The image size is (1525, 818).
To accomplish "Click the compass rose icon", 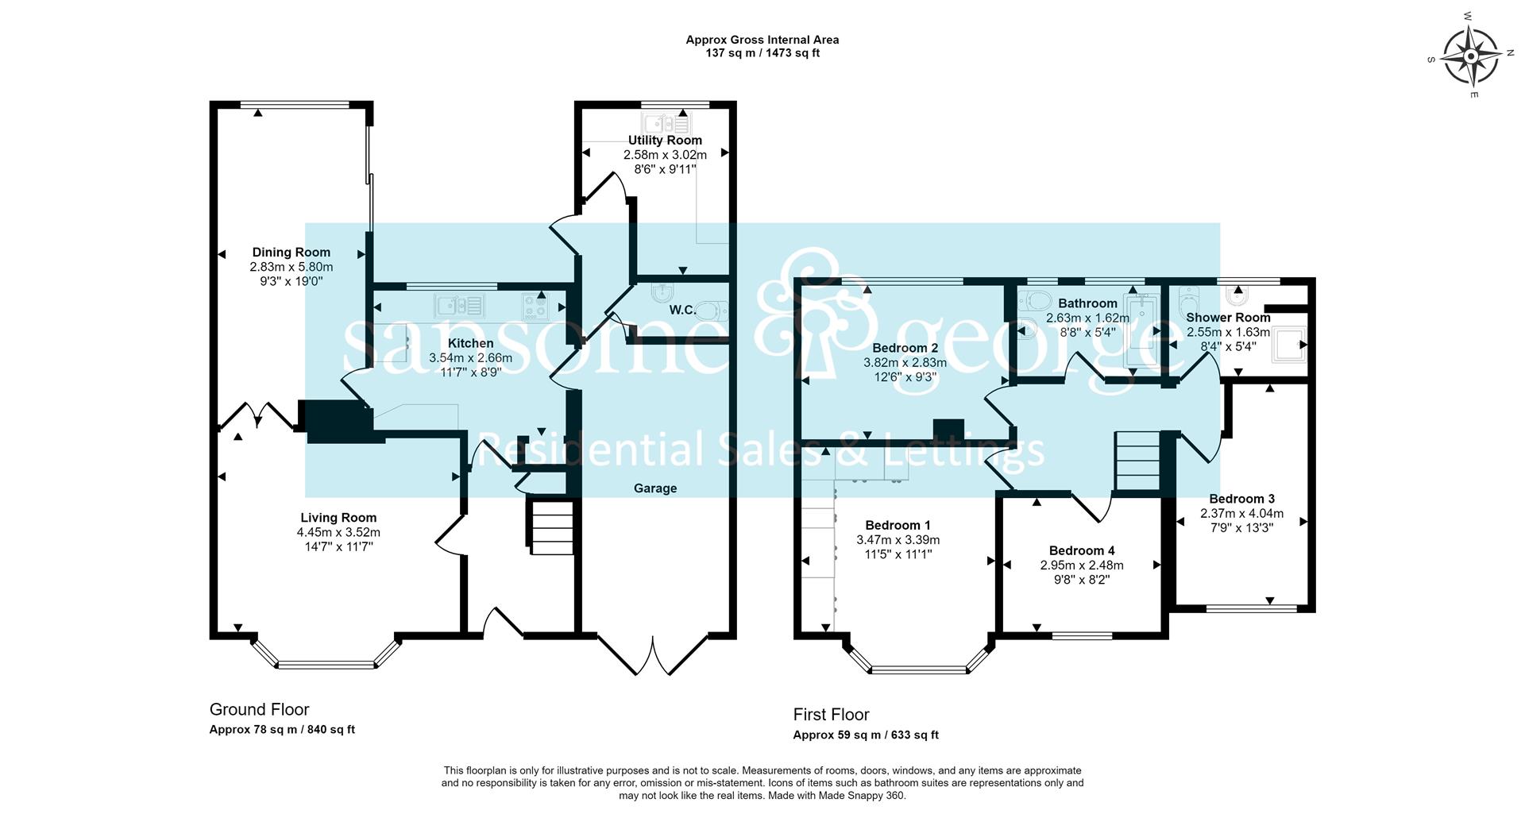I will [1470, 56].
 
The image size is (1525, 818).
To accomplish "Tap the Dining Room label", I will [291, 253].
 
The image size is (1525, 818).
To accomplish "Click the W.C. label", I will [682, 310].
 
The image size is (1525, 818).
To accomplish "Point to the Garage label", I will [655, 488].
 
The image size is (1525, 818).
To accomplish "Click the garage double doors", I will [652, 654].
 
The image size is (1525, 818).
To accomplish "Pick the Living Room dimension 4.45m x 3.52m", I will [338, 532].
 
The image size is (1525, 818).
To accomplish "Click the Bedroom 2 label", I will [905, 348].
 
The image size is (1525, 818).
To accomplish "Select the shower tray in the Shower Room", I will [1288, 345].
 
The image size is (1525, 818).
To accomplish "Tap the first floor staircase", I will [1138, 461].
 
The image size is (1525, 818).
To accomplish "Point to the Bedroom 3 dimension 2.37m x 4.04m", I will [1241, 513].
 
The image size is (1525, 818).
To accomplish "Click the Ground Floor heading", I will [259, 709].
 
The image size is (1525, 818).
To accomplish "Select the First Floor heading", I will [831, 714].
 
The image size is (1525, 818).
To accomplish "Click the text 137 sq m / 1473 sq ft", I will [762, 53].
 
